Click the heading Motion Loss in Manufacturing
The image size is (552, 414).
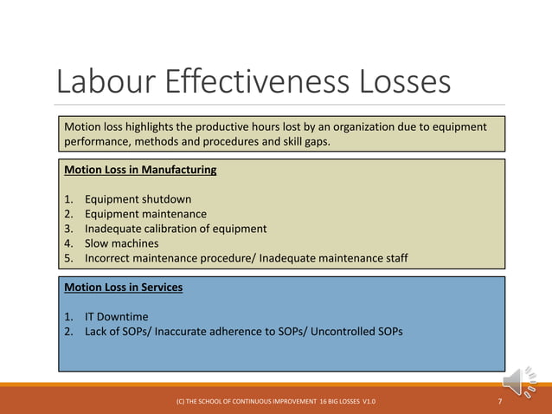click(x=140, y=170)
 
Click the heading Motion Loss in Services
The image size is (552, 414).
click(x=124, y=287)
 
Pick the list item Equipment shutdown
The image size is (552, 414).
click(x=138, y=199)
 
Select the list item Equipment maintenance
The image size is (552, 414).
click(x=145, y=214)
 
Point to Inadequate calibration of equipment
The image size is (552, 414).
click(x=176, y=229)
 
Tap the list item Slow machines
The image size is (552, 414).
click(x=121, y=243)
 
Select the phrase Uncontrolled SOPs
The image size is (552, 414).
click(x=354, y=331)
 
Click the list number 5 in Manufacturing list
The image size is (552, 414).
click(x=68, y=258)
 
